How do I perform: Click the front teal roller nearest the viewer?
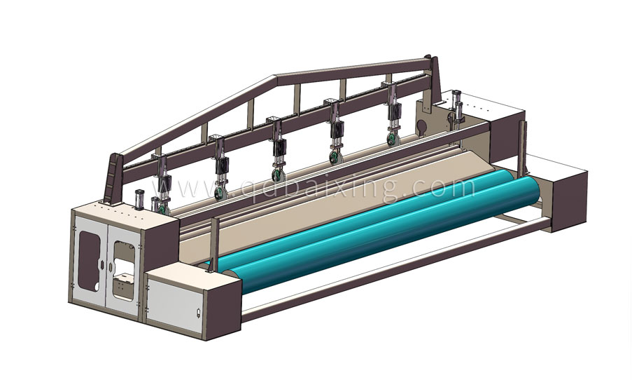pos(383,234)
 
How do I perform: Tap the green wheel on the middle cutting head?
pos(278,175)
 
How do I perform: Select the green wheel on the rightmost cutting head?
pos(392,139)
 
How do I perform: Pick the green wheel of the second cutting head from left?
pos(220,193)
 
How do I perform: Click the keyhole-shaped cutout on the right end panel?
pos(421,127)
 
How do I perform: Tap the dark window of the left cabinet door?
pos(89,261)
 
